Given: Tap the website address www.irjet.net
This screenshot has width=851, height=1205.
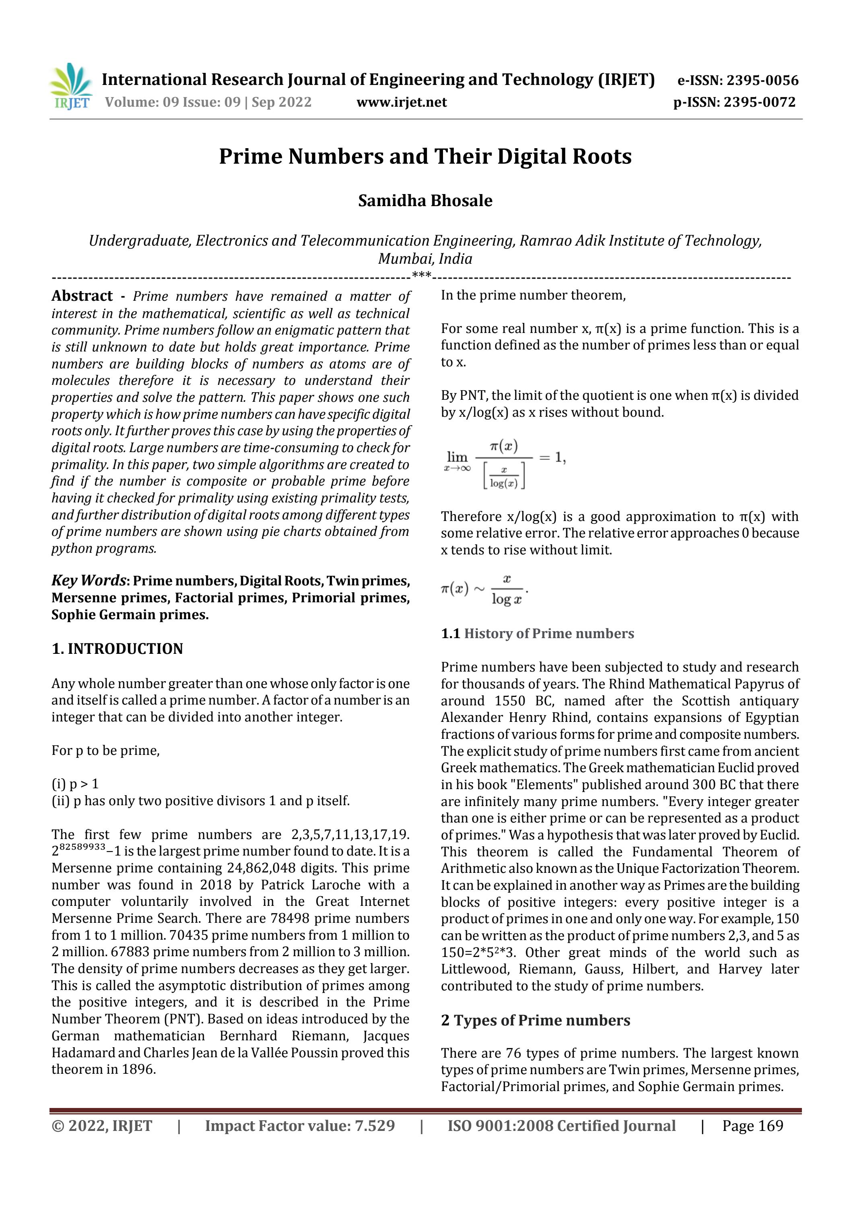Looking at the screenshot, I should tap(402, 102).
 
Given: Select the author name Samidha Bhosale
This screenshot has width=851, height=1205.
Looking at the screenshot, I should tap(425, 200).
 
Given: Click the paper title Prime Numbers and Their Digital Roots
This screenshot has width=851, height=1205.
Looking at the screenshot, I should tap(425, 156).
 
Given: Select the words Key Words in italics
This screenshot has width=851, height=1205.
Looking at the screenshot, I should tap(88, 581).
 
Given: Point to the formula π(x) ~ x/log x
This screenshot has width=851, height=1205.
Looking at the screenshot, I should tap(484, 590).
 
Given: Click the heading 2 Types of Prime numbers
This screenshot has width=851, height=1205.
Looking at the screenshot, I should tap(535, 1020).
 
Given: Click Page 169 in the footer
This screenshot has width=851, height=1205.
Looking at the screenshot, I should tap(752, 1126).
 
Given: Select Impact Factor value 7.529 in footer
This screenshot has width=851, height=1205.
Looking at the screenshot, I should tap(300, 1126).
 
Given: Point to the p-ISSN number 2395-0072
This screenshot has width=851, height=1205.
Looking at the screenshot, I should tap(759, 102).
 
